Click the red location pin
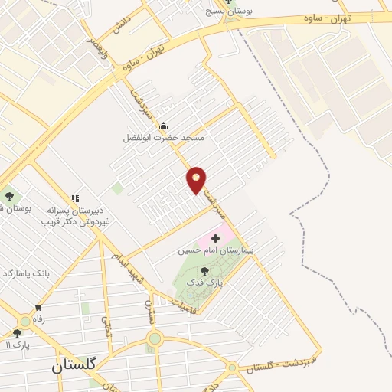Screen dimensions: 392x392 (x=197, y=179)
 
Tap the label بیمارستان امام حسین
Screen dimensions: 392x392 (x=210, y=250)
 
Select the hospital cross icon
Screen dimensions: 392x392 (x=215, y=239)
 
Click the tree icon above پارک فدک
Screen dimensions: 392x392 (x=204, y=271)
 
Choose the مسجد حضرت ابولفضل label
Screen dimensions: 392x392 (x=164, y=139)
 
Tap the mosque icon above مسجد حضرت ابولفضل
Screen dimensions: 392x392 (x=162, y=126)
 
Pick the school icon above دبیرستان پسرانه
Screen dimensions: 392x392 (x=75, y=198)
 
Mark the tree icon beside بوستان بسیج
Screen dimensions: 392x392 (x=227, y=2)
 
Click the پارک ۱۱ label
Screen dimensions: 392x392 (x=17, y=345)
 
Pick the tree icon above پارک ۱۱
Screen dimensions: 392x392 (x=17, y=333)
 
